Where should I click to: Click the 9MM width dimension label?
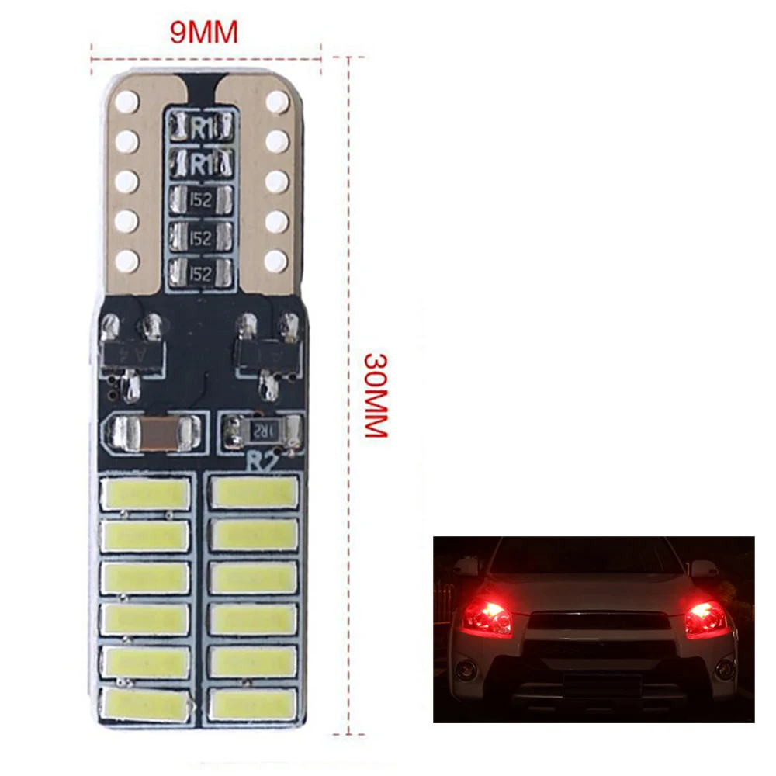(x=204, y=33)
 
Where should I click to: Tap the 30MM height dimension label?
(x=376, y=396)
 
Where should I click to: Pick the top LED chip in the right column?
(x=254, y=494)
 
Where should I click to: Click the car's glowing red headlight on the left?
(x=487, y=615)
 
